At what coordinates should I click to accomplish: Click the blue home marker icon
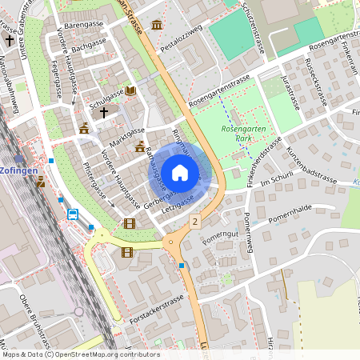[x=180, y=172]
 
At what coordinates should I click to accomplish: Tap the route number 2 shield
[x=194, y=219]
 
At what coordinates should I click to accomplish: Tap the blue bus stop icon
[x=73, y=214]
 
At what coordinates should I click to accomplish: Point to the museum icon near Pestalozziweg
[x=157, y=26]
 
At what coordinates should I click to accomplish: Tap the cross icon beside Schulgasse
[x=102, y=113]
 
